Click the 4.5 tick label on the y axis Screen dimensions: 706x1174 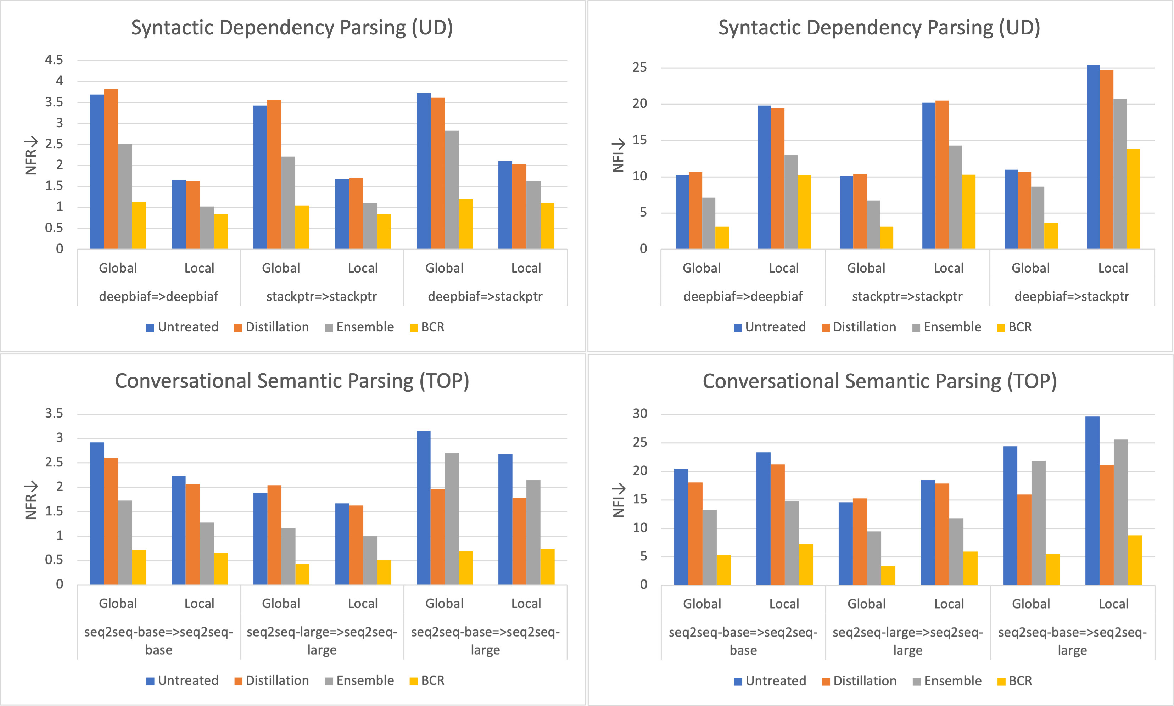click(54, 60)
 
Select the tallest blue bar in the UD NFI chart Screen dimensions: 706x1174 click(1093, 157)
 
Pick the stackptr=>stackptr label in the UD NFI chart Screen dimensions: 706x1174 click(907, 296)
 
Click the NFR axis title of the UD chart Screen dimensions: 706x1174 click(31, 156)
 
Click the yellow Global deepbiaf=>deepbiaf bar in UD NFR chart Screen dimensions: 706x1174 click(139, 225)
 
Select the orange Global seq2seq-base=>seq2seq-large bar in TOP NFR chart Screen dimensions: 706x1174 click(438, 537)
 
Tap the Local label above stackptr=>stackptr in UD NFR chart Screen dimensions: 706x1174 click(363, 268)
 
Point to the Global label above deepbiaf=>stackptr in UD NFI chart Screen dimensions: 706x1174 click(1030, 268)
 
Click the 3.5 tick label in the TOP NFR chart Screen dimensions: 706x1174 click(54, 413)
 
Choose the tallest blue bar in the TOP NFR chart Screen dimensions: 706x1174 click(423, 508)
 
